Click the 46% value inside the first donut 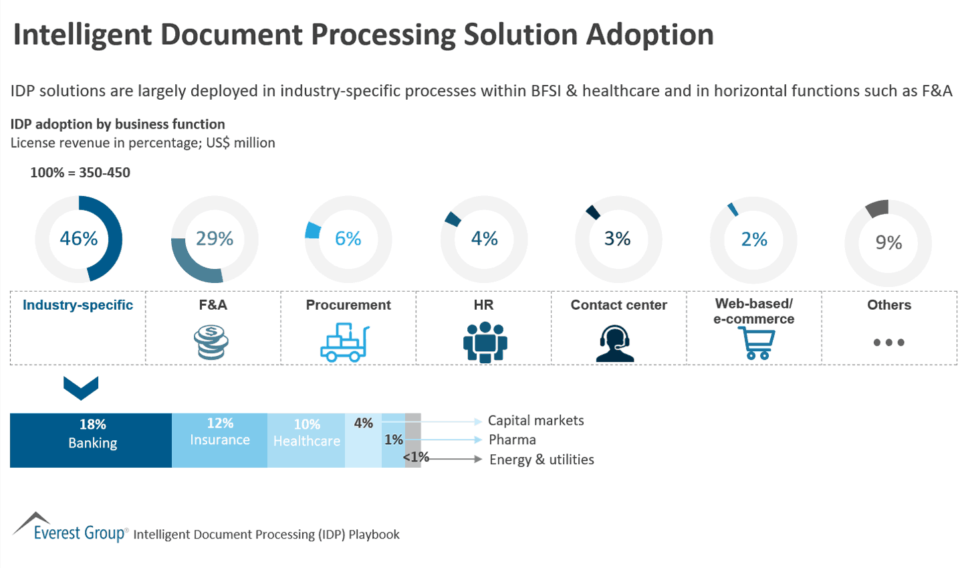click(x=79, y=239)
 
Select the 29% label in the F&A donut click(x=215, y=239)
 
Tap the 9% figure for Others click(x=888, y=242)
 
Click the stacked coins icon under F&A click(x=212, y=342)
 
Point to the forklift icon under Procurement click(x=345, y=343)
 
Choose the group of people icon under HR click(x=485, y=342)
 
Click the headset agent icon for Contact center click(x=615, y=343)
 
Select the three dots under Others click(x=888, y=343)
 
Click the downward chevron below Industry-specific click(x=81, y=387)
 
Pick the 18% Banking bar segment click(x=92, y=440)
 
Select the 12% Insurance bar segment click(x=219, y=440)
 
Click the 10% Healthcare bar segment click(x=306, y=440)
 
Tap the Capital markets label click(x=535, y=421)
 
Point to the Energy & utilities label click(x=541, y=460)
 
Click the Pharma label click(x=512, y=440)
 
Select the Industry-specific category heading click(x=78, y=305)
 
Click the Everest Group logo click(x=70, y=528)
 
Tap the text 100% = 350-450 click(x=80, y=173)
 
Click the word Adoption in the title click(x=650, y=35)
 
